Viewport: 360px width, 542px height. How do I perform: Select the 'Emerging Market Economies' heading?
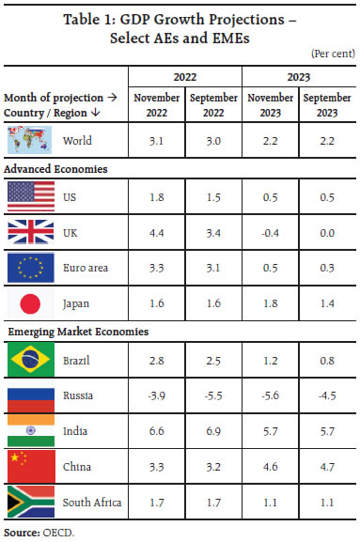[x=67, y=333]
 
